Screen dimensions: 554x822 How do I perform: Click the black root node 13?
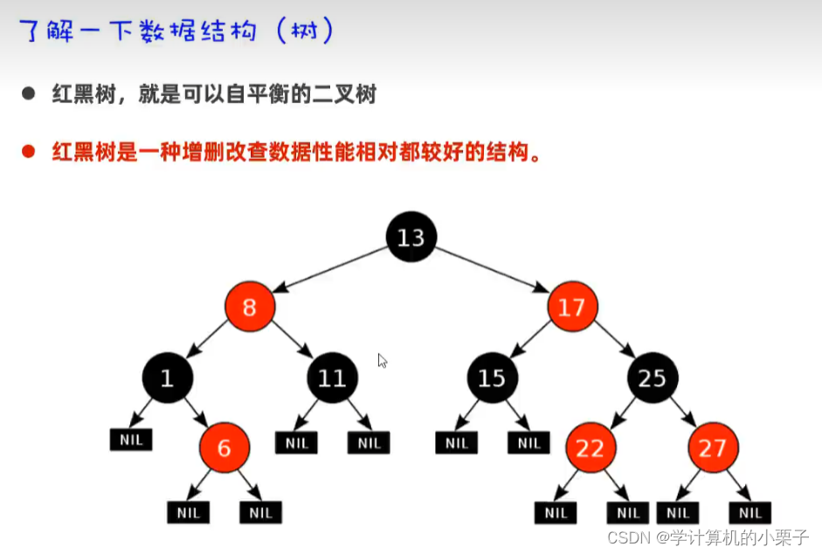[x=411, y=237]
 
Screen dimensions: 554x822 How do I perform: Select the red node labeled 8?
[x=249, y=307]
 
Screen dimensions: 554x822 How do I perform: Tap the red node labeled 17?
[x=572, y=307]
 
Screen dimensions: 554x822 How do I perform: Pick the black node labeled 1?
[x=167, y=377]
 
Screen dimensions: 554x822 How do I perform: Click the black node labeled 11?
[x=332, y=377]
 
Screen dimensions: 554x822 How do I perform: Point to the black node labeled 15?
[x=492, y=377]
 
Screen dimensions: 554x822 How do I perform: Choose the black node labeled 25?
[x=652, y=377]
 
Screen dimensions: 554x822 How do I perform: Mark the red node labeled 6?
[x=224, y=447]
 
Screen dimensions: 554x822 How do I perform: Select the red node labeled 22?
[x=590, y=447]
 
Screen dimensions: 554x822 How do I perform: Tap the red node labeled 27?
[x=713, y=447]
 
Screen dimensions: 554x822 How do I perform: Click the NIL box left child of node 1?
[x=131, y=440]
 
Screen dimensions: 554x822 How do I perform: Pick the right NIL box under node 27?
[x=749, y=513]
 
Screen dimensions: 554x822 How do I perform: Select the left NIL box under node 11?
[x=297, y=443]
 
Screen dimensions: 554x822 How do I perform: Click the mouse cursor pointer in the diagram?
[x=382, y=360]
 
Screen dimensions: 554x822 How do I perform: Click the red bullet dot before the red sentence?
[x=28, y=151]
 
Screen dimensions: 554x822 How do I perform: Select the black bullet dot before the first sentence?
[x=28, y=93]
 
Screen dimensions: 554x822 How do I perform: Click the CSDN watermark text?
[x=708, y=537]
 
